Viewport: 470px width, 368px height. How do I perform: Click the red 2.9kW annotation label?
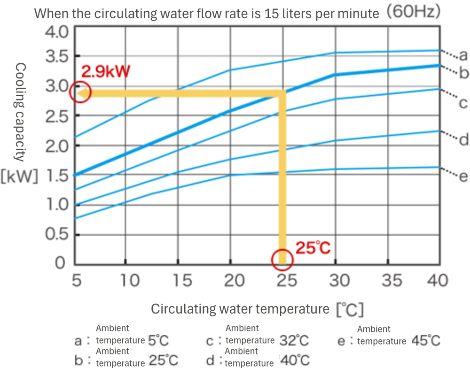[105, 72]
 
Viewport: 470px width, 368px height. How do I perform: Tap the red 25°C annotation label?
[313, 247]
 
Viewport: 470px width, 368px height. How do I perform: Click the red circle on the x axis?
[282, 260]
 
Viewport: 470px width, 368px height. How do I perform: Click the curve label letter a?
[463, 57]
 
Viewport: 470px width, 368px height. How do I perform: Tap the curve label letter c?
[463, 103]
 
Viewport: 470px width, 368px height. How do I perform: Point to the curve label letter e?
[463, 176]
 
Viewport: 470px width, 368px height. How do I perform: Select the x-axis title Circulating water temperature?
[240, 309]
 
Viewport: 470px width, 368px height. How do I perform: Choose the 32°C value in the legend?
[294, 341]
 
